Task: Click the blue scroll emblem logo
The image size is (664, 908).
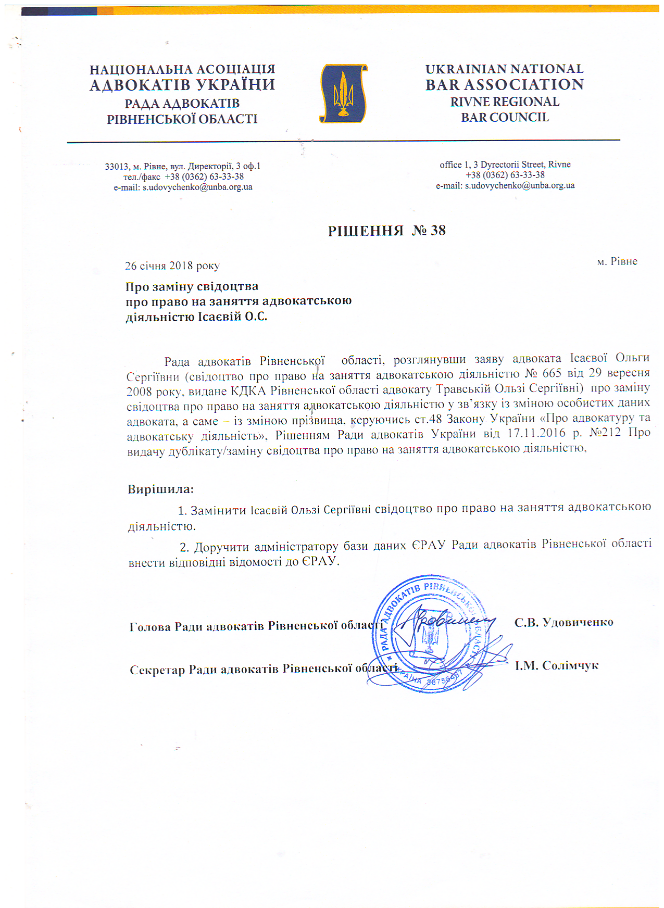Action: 343,94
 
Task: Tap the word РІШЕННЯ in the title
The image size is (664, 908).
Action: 366,231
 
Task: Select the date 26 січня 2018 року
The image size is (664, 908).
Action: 172,266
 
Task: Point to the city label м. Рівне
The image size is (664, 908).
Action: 617,261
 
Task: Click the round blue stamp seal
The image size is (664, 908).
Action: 430,634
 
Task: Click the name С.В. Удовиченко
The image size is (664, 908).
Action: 563,622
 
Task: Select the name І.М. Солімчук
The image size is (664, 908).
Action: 557,665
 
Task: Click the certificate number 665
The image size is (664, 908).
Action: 552,373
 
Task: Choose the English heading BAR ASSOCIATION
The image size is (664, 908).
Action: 504,85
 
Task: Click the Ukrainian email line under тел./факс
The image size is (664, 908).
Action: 183,187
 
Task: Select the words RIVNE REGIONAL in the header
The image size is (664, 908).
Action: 505,102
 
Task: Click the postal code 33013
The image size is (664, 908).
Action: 117,167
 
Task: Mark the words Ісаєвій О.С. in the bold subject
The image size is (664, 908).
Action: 232,317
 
